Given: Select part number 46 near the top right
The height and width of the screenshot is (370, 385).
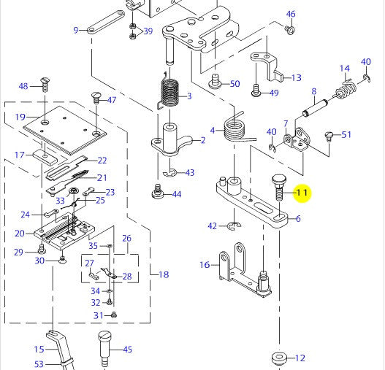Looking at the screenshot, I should (x=291, y=14).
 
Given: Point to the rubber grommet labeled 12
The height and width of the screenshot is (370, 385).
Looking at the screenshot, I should (x=279, y=358).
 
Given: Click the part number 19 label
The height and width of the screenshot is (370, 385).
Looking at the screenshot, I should (x=20, y=117).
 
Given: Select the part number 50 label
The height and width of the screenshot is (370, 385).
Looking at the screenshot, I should (x=235, y=84).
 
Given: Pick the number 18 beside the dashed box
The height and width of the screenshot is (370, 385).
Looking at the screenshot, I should (x=164, y=274).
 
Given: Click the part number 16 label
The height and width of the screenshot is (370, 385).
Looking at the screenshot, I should (x=205, y=264).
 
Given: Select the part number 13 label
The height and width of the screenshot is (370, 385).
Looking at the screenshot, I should (x=297, y=77).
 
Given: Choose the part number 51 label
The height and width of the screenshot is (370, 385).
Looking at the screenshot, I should (x=346, y=134).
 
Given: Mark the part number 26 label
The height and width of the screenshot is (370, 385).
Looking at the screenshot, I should (x=126, y=238).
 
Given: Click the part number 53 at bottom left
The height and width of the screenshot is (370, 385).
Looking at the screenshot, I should (x=39, y=363).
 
